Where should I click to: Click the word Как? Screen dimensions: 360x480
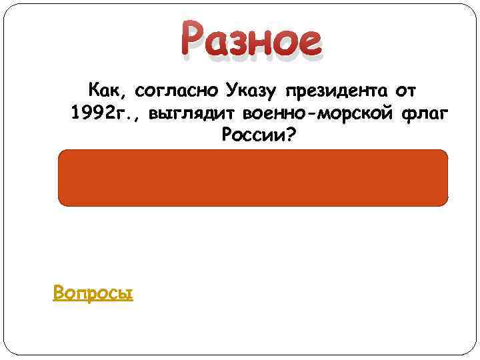pyautogui.click(x=103, y=88)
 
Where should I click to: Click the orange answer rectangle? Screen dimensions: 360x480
pyautogui.click(x=253, y=177)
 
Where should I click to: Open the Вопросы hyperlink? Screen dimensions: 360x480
pyautogui.click(x=93, y=292)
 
